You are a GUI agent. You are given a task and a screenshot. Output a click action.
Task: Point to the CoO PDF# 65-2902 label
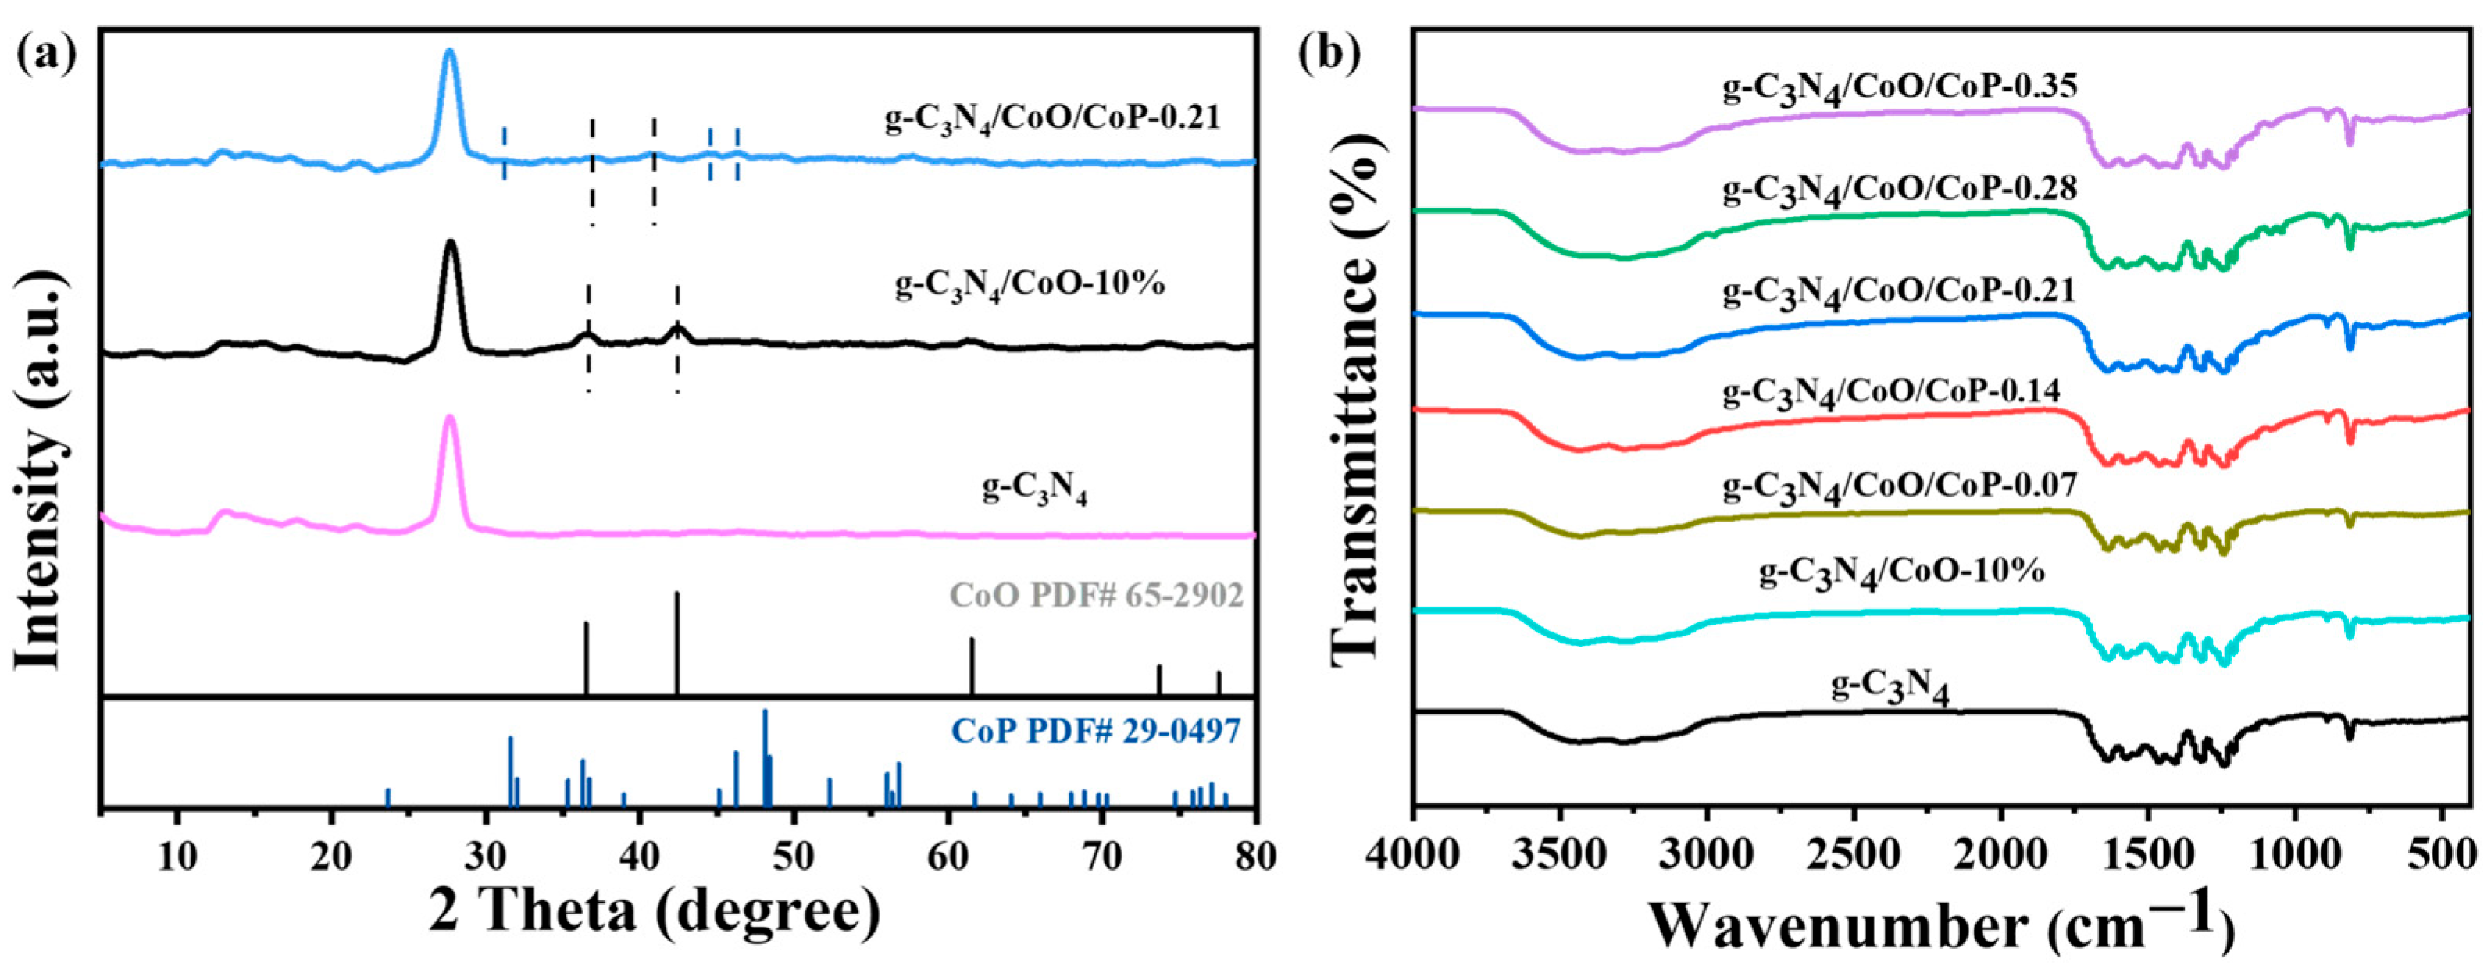tap(1096, 595)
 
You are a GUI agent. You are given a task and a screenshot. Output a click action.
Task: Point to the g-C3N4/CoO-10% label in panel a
tap(1030, 287)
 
